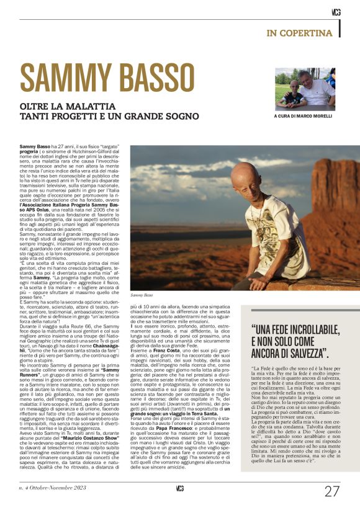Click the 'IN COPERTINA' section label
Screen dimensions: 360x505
click(x=300, y=32)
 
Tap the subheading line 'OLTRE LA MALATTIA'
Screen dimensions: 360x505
click(x=65, y=106)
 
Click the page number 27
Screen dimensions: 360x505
click(x=332, y=491)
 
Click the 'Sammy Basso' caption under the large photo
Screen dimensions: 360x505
click(x=140, y=296)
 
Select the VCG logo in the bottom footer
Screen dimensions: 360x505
click(x=179, y=488)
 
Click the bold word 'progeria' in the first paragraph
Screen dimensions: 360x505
click(x=30, y=150)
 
